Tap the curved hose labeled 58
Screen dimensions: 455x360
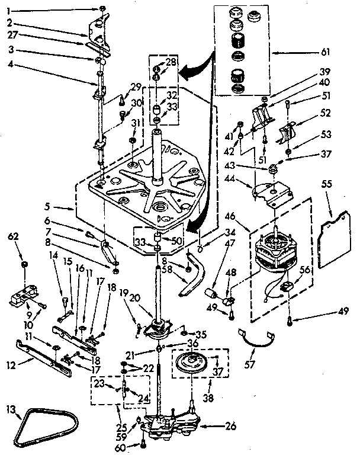pyautogui.click(x=193, y=275)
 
